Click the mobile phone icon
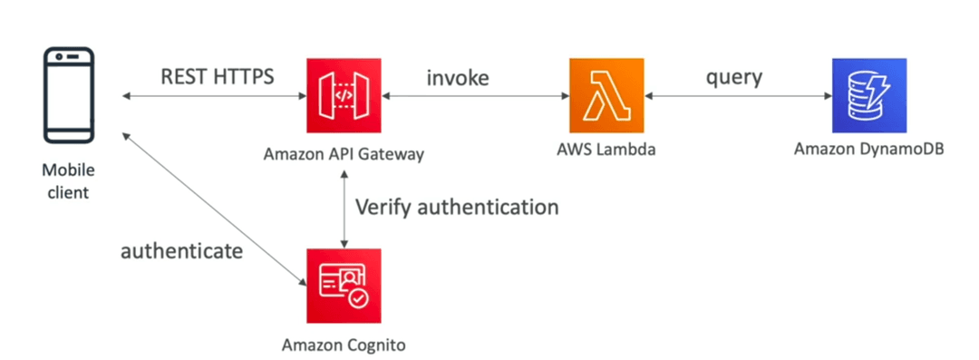(x=69, y=95)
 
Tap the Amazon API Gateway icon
(x=344, y=95)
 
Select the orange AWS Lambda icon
(x=606, y=95)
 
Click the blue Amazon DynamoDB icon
(x=869, y=95)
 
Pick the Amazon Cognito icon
(x=344, y=286)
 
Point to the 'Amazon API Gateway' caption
(x=344, y=154)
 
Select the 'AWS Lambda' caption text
(x=606, y=151)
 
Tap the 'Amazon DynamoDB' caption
(x=869, y=151)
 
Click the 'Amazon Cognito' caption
(x=344, y=345)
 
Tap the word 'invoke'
(x=458, y=77)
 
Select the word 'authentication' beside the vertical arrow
(x=488, y=207)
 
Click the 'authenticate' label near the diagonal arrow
(x=181, y=251)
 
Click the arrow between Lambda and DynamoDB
(x=738, y=96)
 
